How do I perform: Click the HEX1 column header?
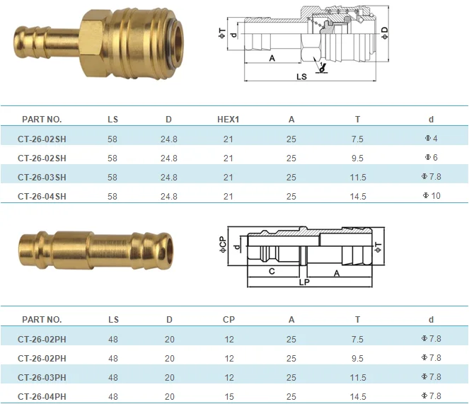(x=228, y=120)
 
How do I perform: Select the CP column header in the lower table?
(x=228, y=320)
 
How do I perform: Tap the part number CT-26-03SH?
(x=42, y=177)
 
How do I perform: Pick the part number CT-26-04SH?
(x=42, y=196)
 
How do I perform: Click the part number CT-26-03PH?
(x=42, y=377)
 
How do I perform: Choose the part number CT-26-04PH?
(x=42, y=396)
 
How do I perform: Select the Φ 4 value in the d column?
(x=431, y=139)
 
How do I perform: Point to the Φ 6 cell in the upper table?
(x=431, y=158)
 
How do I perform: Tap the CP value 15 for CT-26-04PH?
(x=228, y=396)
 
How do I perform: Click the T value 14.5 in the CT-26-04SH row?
(x=357, y=196)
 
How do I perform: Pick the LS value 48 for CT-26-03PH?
(x=113, y=377)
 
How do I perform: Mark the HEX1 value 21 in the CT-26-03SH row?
(x=228, y=177)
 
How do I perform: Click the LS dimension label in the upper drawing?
(x=301, y=76)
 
